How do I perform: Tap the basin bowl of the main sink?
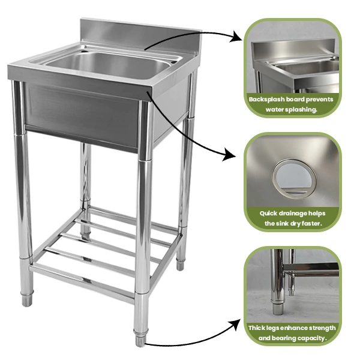[x=107, y=64]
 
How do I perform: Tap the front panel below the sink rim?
[x=81, y=115]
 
